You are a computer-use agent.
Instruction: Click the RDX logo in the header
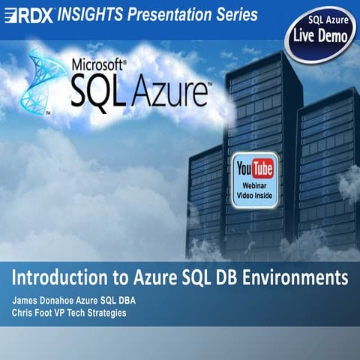[28, 15]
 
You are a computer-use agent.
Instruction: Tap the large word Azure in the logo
[172, 92]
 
